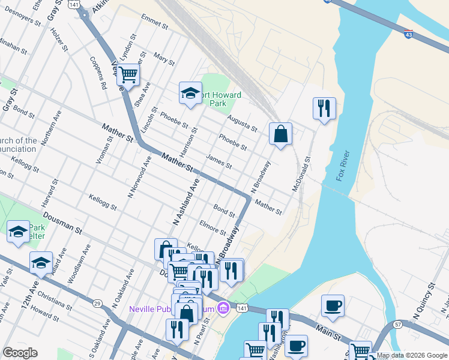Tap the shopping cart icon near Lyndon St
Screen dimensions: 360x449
(128, 75)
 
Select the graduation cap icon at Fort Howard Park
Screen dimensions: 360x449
(190, 94)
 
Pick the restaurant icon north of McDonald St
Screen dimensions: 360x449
(324, 108)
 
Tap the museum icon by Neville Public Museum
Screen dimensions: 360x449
(223, 308)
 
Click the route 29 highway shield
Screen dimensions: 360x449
(97, 304)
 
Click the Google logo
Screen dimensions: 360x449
(20, 353)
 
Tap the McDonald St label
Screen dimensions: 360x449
(302, 175)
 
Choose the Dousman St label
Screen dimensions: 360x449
(62, 222)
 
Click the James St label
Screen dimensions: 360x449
(218, 161)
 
